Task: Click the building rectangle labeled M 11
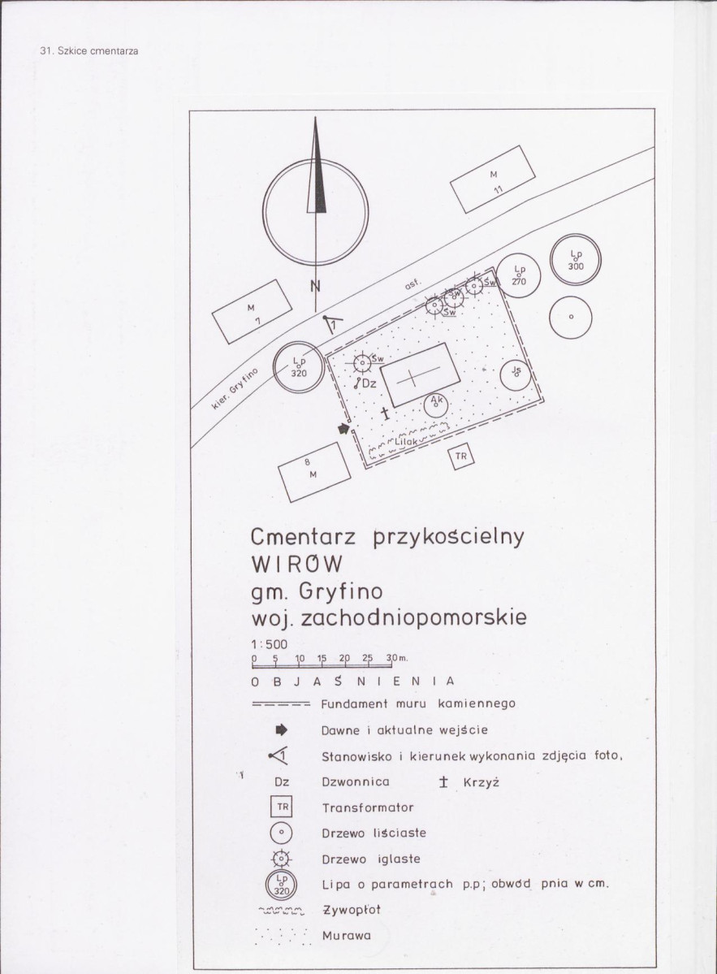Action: pyautogui.click(x=492, y=179)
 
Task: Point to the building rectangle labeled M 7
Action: pyautogui.click(x=252, y=311)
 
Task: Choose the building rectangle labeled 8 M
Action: pyautogui.click(x=314, y=471)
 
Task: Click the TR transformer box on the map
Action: pyautogui.click(x=460, y=457)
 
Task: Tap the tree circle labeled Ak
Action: pyautogui.click(x=436, y=405)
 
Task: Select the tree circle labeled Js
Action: pyautogui.click(x=516, y=374)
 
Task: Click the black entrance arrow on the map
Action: pyautogui.click(x=343, y=428)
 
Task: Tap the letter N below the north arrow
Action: pyautogui.click(x=316, y=287)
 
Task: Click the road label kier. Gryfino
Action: pyautogui.click(x=235, y=388)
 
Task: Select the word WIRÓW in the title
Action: pyautogui.click(x=296, y=564)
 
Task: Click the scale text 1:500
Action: pyautogui.click(x=270, y=644)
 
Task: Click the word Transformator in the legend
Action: pyautogui.click(x=368, y=807)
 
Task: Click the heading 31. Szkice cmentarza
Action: pyautogui.click(x=89, y=51)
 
